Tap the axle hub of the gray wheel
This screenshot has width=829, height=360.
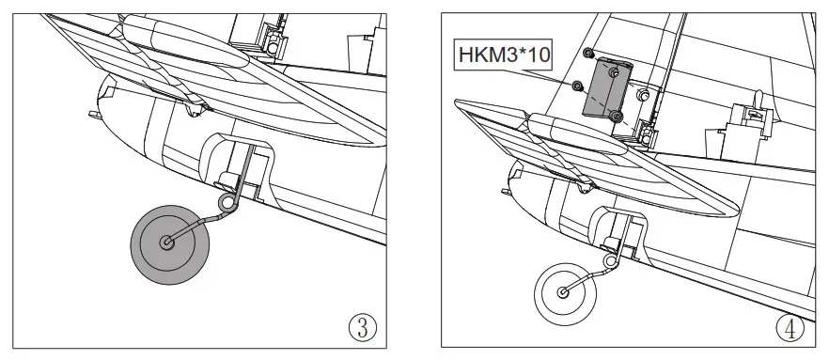click(168, 243)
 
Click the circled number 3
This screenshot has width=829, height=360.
click(362, 328)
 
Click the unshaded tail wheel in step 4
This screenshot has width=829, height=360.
click(565, 292)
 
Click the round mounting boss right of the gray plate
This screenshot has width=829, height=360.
click(644, 95)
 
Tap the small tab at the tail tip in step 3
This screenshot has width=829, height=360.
click(93, 114)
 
